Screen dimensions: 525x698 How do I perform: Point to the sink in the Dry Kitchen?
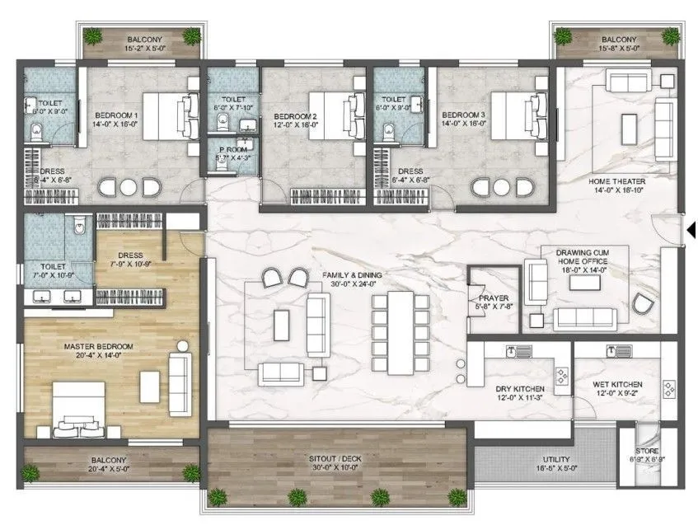click(512, 353)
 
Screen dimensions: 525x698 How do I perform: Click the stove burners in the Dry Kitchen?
click(561, 377)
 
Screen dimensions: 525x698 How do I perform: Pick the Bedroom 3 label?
click(462, 115)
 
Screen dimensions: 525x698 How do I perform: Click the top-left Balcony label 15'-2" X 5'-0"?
click(143, 40)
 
